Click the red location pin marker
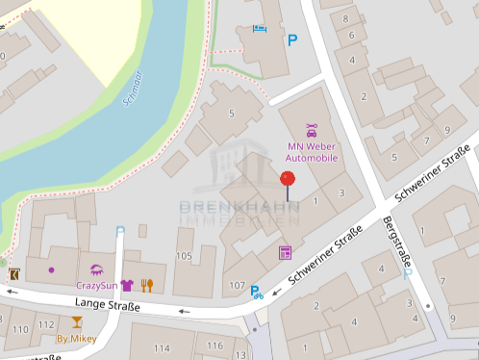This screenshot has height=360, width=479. point(288,179)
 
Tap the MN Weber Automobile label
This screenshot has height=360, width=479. point(313,152)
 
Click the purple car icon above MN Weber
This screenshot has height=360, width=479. point(312,129)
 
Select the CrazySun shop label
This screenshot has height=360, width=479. point(96,286)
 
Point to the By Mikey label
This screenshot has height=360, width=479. point(76,338)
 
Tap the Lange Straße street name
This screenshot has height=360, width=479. point(106,306)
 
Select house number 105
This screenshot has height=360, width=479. point(184,255)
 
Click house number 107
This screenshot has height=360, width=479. point(238,286)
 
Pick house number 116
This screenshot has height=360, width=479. point(214,346)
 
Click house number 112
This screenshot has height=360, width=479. point(46,324)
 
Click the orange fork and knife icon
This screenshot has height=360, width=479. point(147,285)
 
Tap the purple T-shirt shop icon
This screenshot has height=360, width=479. point(126,285)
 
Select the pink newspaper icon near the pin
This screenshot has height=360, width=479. point(285,253)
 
